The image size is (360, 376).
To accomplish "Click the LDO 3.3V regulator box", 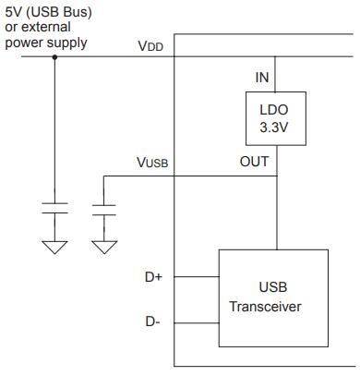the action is pos(276,118).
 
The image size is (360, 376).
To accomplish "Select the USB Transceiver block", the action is pos(273,298).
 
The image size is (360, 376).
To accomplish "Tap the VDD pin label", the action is pos(150,46).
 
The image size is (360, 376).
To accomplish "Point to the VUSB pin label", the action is pos(152,163).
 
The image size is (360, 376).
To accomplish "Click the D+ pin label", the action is pos(153,277).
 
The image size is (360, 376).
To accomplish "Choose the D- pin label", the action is pos(152,321).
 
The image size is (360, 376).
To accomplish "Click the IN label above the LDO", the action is pos(262,78).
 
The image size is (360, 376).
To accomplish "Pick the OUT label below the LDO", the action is pos(254,162).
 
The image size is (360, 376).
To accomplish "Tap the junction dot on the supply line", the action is pos(54,57).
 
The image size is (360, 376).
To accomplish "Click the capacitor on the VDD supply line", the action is pos(54,208).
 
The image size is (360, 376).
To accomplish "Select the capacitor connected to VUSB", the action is pos(104,210).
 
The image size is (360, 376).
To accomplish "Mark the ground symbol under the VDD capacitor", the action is pos(54,248).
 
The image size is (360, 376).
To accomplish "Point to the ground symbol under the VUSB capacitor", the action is pos(104,248).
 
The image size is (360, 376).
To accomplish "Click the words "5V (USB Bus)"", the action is pos(48,13).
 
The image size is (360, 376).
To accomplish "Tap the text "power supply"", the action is pos(46,42).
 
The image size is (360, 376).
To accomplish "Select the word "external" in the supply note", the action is pos(46,27).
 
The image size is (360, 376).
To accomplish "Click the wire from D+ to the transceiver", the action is pos(197,277).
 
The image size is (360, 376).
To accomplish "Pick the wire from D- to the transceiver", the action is pos(197,323).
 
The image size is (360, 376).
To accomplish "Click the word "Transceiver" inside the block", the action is pos(266,307).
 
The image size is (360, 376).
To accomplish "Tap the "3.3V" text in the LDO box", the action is pos(274,127).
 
